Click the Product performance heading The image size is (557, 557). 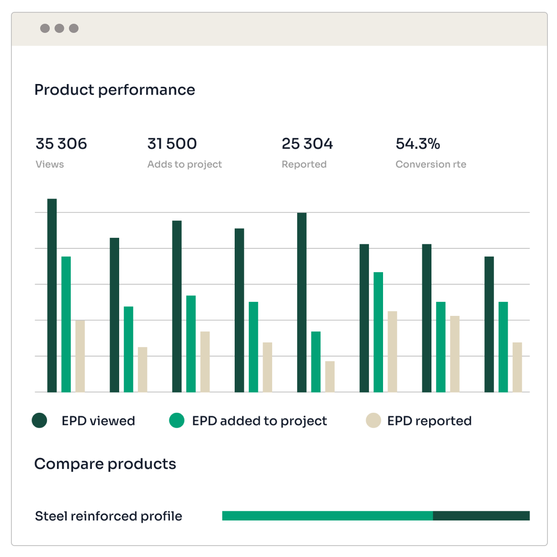[115, 90]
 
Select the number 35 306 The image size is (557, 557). [61, 144]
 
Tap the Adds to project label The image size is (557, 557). [184, 164]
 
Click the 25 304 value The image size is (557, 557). [307, 144]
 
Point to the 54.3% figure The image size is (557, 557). [418, 144]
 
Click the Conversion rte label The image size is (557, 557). [431, 164]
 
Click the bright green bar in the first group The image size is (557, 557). [66, 324]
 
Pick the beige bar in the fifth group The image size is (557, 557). [330, 377]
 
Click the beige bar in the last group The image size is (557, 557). [517, 367]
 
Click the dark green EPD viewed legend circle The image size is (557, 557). [40, 420]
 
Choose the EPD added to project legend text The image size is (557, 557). [259, 421]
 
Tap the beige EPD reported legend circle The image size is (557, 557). [373, 420]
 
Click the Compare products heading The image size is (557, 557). [105, 464]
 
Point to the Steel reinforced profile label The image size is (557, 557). [109, 516]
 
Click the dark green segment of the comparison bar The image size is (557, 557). [481, 516]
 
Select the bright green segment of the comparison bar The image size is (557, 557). [327, 516]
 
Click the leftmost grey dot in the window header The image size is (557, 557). [45, 28]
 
